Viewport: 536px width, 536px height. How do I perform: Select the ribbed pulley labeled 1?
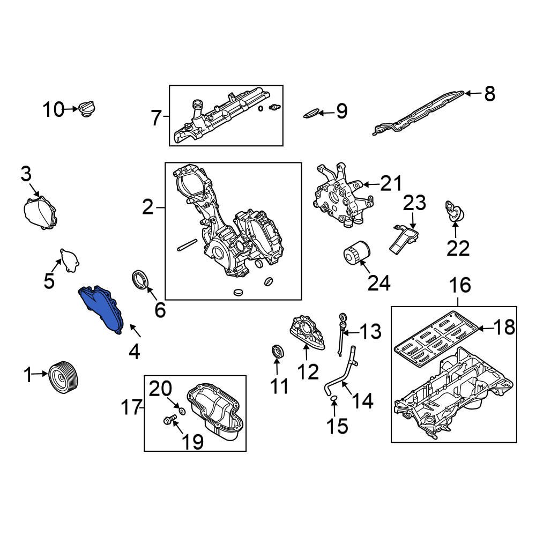(64, 377)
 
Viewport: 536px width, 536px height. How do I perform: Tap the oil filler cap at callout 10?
(86, 109)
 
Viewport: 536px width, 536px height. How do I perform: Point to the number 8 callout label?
(489, 94)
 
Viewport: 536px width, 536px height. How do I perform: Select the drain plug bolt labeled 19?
(169, 420)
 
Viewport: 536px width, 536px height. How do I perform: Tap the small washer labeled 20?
(181, 412)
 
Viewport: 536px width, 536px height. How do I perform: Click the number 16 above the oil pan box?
(459, 285)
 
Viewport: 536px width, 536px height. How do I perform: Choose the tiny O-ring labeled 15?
(333, 398)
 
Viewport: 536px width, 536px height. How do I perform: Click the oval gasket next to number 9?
(312, 113)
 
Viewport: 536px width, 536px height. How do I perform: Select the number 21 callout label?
(391, 184)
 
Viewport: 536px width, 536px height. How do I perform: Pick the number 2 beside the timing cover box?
(148, 207)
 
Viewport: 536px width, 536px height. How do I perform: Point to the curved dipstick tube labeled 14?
(340, 375)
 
